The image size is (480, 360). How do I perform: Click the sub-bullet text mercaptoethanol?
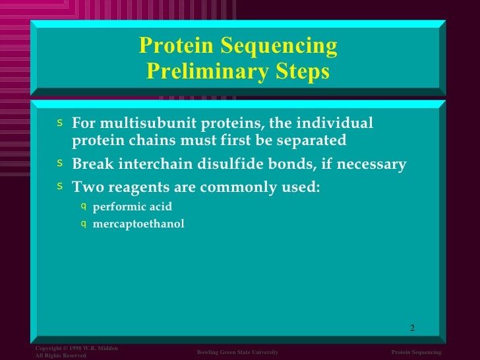tap(138, 224)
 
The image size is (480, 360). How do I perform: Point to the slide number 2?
tap(412, 328)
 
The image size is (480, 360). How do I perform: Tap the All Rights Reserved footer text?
tap(61, 355)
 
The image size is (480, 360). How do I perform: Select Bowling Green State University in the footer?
tap(237, 353)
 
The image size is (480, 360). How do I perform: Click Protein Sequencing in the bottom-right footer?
tap(416, 353)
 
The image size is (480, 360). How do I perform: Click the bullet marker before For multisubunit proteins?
tap(60, 122)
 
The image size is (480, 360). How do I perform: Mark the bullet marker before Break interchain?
tap(60, 163)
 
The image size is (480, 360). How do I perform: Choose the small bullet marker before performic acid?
tap(83, 206)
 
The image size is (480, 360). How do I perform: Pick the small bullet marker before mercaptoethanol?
tap(83, 223)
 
